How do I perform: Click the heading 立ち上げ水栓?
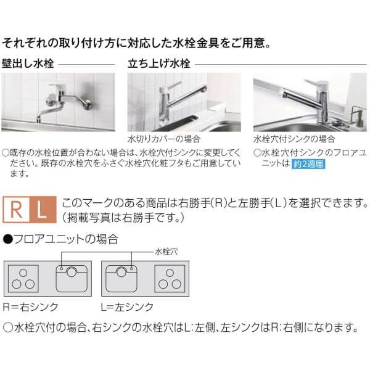(158, 63)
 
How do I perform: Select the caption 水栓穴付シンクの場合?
(294, 139)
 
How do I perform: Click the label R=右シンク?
(30, 306)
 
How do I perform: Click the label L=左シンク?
(128, 306)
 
